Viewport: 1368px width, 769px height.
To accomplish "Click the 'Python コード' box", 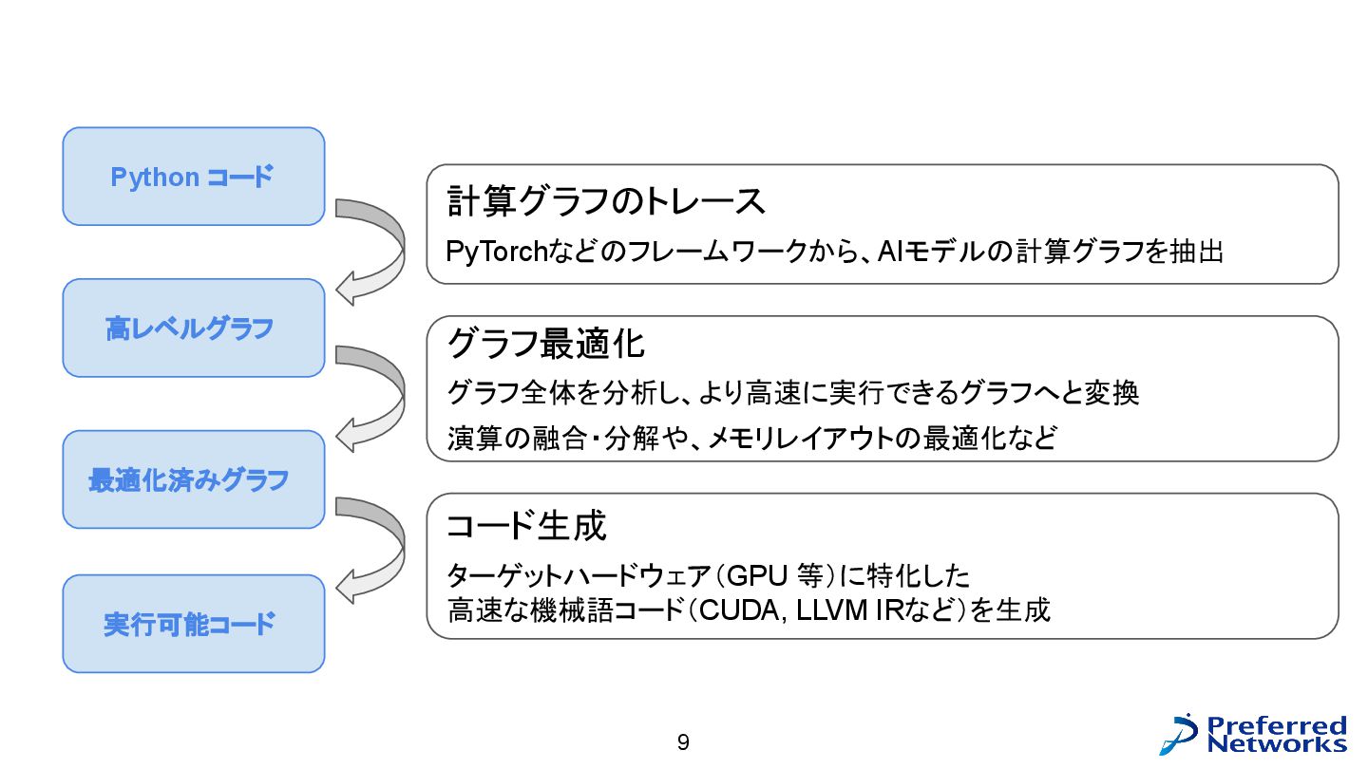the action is click(x=193, y=177).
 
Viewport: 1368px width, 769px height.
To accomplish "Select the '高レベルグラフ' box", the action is click(x=193, y=328).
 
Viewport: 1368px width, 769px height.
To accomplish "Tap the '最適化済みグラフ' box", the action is click(x=193, y=479).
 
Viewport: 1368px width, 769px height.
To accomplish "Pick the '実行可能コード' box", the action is click(x=193, y=624).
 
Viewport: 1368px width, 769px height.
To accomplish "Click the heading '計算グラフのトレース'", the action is click(x=605, y=201).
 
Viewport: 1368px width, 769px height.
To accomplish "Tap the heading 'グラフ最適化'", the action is click(x=545, y=344).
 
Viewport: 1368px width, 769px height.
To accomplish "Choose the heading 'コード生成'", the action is click(x=525, y=525).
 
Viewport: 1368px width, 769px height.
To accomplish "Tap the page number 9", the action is click(x=683, y=742).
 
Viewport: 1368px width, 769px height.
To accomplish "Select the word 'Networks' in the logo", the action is click(x=1277, y=743).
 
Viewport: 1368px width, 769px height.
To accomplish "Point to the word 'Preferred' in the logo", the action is click(x=1277, y=725).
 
